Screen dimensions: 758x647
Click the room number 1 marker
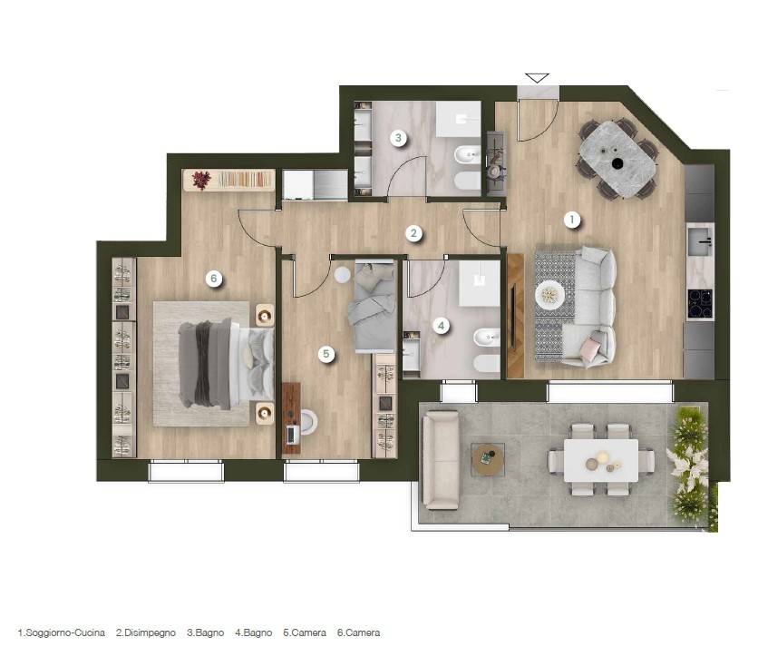pos(572,220)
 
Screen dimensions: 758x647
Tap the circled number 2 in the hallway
pos(413,233)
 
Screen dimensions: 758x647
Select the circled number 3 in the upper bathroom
pos(398,138)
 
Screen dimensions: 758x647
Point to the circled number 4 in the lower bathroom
pos(441,326)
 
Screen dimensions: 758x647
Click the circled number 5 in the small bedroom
pos(326,354)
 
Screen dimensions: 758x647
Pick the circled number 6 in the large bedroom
pos(214,279)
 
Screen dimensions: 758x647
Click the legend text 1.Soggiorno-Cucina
pos(62,632)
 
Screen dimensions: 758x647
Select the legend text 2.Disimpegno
pos(145,632)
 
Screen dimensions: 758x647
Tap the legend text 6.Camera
pos(358,632)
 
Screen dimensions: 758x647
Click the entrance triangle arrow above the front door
pos(537,77)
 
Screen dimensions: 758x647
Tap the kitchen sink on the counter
pos(700,241)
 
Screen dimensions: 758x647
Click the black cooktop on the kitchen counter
pos(700,303)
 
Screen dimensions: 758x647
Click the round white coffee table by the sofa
pos(549,294)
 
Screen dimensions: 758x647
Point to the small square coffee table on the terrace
pos(488,459)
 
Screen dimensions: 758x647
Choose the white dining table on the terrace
pos(601,460)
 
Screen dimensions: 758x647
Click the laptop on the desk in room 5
pos(293,434)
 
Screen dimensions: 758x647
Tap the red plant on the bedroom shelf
pos(201,180)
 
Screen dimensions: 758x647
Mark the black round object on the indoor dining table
pos(617,163)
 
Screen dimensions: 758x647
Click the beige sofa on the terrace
pos(441,460)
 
